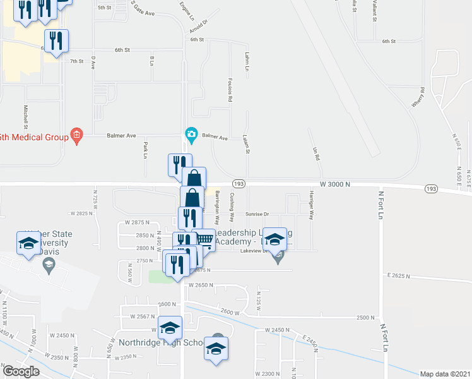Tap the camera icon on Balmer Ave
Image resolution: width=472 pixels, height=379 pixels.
[191, 134]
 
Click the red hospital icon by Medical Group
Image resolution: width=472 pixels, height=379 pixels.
[77, 135]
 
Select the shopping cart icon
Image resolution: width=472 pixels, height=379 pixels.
[203, 239]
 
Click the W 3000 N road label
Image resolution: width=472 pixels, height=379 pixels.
[335, 184]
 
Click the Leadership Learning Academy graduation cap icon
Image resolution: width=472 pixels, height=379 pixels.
[274, 239]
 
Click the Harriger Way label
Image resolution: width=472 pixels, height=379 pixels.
[311, 205]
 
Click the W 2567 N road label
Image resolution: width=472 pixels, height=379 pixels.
[143, 316]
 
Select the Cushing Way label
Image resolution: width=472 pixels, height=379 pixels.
[232, 207]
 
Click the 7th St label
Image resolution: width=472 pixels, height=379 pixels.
[77, 61]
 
